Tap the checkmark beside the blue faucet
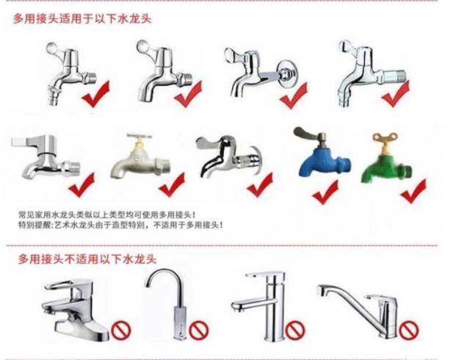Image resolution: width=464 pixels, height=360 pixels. tap(325, 192)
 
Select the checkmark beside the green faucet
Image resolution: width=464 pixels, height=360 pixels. tap(413, 192)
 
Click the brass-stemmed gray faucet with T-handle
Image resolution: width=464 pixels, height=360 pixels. tap(140, 157)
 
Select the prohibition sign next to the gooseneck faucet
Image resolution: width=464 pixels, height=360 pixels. tap(199, 330)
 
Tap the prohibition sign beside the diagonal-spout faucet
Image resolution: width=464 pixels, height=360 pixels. tap(409, 329)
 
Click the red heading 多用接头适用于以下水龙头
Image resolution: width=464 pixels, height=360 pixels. tap(82, 19)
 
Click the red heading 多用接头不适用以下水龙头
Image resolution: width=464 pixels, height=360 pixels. tap(87, 259)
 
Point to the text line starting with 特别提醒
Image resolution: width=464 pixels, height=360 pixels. tap(120, 225)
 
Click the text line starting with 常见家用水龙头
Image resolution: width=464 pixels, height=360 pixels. tap(107, 215)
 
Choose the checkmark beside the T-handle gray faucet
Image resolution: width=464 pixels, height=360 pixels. tap(172, 185)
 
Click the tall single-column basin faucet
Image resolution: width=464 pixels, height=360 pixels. tap(261, 306)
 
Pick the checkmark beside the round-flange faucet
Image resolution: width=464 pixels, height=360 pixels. tap(294, 96)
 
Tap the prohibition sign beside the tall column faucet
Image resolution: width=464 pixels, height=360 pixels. tap(294, 330)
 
